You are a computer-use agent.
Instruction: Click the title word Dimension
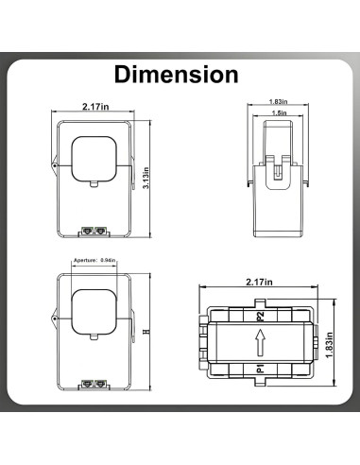(176, 74)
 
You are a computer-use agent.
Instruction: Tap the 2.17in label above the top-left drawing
(97, 107)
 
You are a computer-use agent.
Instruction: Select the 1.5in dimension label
(279, 112)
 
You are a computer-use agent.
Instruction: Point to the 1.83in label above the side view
(279, 100)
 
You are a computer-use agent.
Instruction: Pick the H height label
(145, 333)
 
